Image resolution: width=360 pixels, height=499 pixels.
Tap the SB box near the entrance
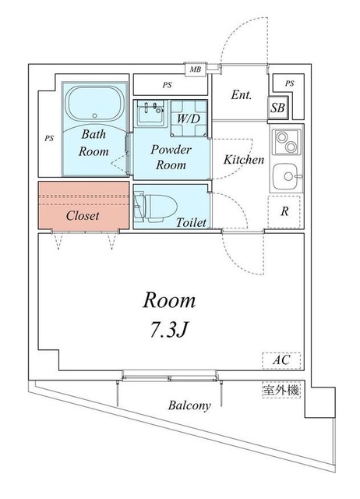click(277, 108)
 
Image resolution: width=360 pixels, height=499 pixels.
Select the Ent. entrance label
click(241, 95)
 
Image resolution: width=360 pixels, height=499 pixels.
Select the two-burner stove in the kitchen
click(286, 143)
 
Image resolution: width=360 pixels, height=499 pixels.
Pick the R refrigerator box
click(284, 211)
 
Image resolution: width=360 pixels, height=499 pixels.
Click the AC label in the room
click(281, 360)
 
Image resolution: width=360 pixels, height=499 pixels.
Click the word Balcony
click(190, 406)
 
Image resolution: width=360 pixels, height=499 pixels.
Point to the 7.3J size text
click(168, 331)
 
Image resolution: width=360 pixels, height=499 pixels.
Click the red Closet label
click(82, 215)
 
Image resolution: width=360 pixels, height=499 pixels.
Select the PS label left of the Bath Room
click(48, 140)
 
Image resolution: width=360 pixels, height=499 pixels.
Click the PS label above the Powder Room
click(168, 85)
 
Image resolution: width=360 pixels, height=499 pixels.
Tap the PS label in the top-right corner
click(289, 83)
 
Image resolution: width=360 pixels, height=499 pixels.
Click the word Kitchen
click(244, 160)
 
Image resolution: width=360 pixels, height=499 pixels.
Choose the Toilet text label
click(191, 223)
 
